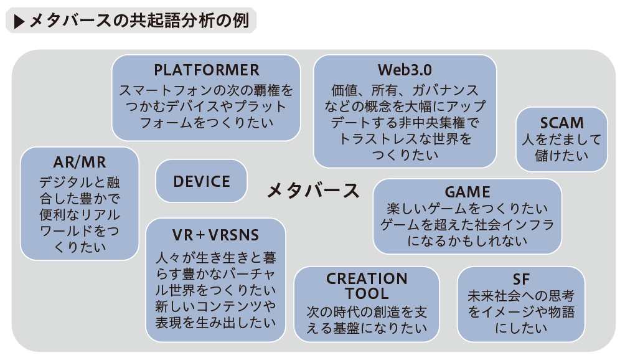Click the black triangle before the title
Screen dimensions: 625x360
pyautogui.click(x=19, y=22)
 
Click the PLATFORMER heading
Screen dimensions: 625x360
pyautogui.click(x=207, y=70)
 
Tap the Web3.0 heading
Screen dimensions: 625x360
pyautogui.click(x=405, y=70)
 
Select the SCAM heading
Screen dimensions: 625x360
pyautogui.click(x=562, y=123)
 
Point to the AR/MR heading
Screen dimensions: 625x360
pyautogui.click(x=80, y=163)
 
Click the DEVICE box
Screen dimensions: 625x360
pyautogui.click(x=201, y=181)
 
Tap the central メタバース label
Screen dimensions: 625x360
pyautogui.click(x=313, y=190)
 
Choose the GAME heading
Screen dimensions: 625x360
pyautogui.click(x=467, y=192)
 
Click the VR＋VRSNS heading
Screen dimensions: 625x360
pyautogui.click(x=215, y=235)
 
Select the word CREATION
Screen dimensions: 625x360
pyautogui.click(x=367, y=278)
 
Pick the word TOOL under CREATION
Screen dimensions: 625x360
pyautogui.click(x=367, y=294)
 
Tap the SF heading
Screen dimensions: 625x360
pyautogui.click(x=521, y=280)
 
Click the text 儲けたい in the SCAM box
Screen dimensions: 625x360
pyautogui.click(x=562, y=156)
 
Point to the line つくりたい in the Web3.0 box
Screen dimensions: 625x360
pyautogui.click(x=405, y=154)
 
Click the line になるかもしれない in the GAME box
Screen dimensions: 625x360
pyautogui.click(x=467, y=241)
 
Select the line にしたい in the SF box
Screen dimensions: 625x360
pyautogui.click(x=521, y=328)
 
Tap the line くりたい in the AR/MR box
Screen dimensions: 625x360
pyautogui.click(x=80, y=247)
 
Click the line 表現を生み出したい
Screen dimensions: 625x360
pyautogui.click(x=215, y=322)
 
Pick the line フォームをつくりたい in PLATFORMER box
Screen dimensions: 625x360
pyautogui.click(x=207, y=123)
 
